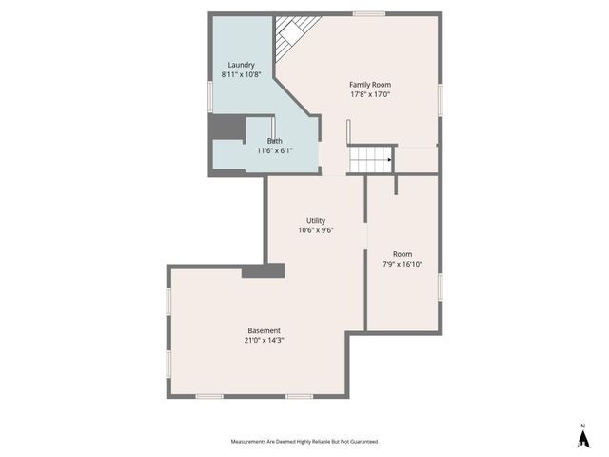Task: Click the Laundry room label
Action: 242,65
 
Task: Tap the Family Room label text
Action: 371,85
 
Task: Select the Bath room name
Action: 274,141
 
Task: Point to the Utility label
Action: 316,220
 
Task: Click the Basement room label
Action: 265,330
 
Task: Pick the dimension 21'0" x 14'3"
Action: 265,340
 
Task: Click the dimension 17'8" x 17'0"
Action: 371,94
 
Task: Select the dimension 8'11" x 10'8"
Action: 242,74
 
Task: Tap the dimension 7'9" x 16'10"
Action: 403,264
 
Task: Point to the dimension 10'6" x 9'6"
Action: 316,229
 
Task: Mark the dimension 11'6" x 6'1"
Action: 274,150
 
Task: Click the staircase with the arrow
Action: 371,159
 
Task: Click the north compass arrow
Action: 582,437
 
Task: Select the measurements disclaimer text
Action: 304,442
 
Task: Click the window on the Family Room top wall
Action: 368,13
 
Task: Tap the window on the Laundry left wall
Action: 209,96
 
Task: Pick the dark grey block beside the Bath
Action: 227,128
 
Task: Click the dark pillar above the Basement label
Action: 263,271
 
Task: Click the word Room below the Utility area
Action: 403,254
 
